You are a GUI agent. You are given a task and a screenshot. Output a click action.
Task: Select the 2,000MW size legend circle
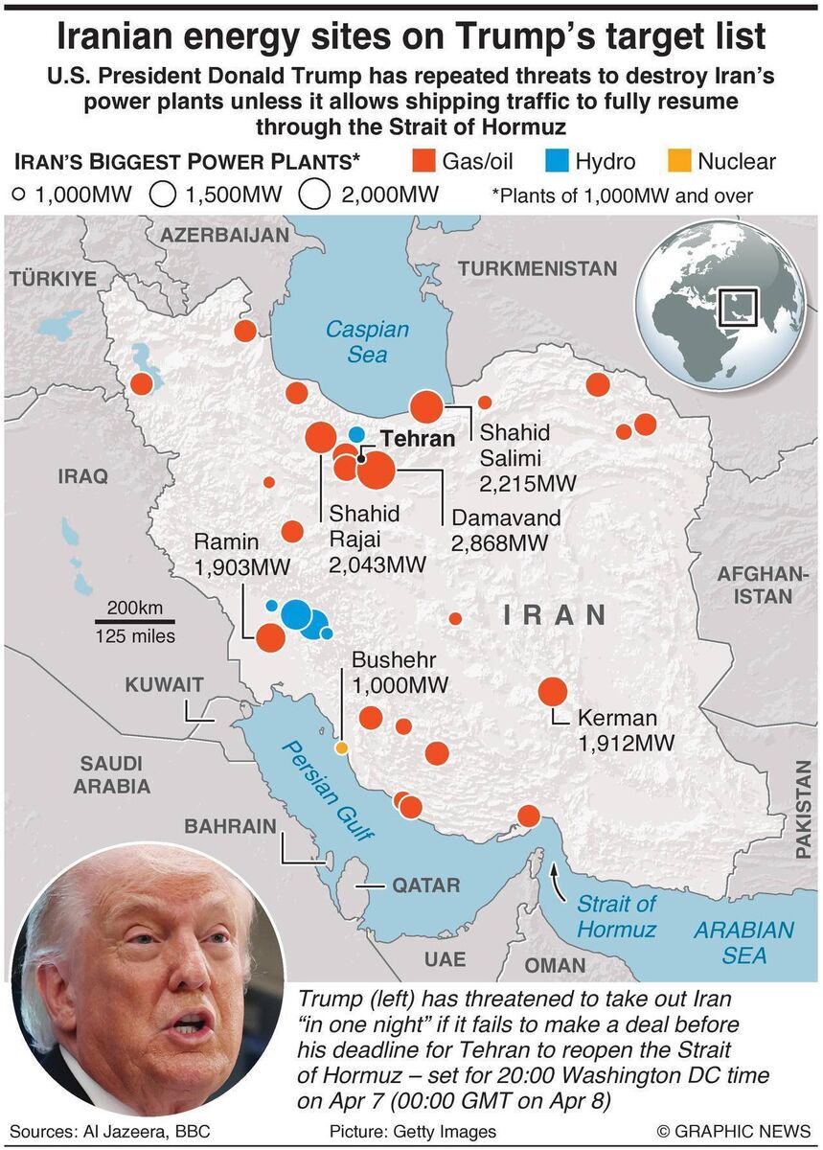pyautogui.click(x=314, y=195)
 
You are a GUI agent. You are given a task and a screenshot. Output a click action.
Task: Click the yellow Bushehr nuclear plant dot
pyautogui.click(x=340, y=747)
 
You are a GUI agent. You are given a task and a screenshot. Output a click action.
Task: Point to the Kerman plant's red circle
pyautogui.click(x=553, y=692)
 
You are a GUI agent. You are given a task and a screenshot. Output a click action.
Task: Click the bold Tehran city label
pyautogui.click(x=417, y=439)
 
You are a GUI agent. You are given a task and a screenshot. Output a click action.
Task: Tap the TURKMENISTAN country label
pyautogui.click(x=537, y=269)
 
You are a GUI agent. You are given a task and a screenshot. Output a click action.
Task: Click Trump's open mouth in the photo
pyautogui.click(x=189, y=1024)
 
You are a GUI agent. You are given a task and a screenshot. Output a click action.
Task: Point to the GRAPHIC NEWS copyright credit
pyautogui.click(x=731, y=1131)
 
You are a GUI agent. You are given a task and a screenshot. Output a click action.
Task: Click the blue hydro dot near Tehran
pyautogui.click(x=356, y=434)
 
